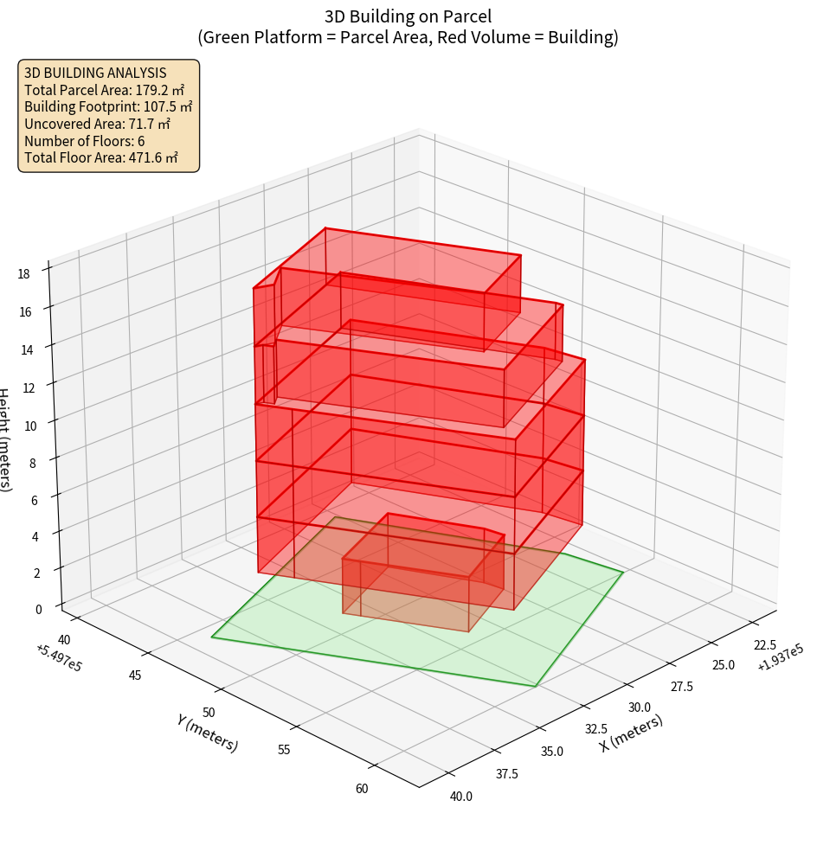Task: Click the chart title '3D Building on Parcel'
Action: click(x=408, y=16)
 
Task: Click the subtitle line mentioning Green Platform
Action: click(x=408, y=37)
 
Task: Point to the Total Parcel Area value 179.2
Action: click(x=159, y=89)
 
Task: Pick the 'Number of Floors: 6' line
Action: click(x=85, y=141)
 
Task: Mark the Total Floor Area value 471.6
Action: click(x=152, y=157)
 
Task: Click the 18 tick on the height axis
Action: click(x=23, y=274)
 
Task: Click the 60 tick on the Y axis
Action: click(x=361, y=788)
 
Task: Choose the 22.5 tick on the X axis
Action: click(x=764, y=645)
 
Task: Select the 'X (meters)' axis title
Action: click(x=632, y=733)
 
